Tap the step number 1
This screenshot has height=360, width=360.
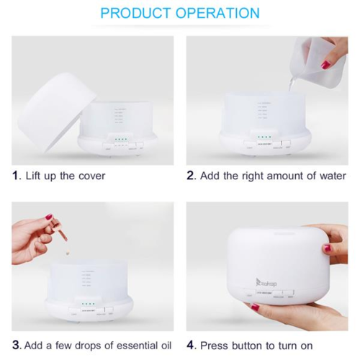[16, 176]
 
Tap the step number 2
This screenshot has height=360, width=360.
[191, 176]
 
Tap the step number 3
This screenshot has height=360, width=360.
[16, 345]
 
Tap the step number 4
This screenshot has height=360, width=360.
[191, 345]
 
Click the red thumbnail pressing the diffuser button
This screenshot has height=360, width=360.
[255, 307]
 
